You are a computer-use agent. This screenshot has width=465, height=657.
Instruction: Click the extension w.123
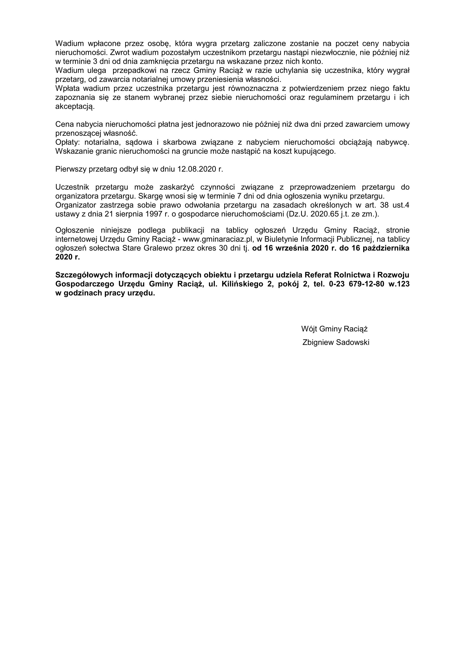click(399, 284)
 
